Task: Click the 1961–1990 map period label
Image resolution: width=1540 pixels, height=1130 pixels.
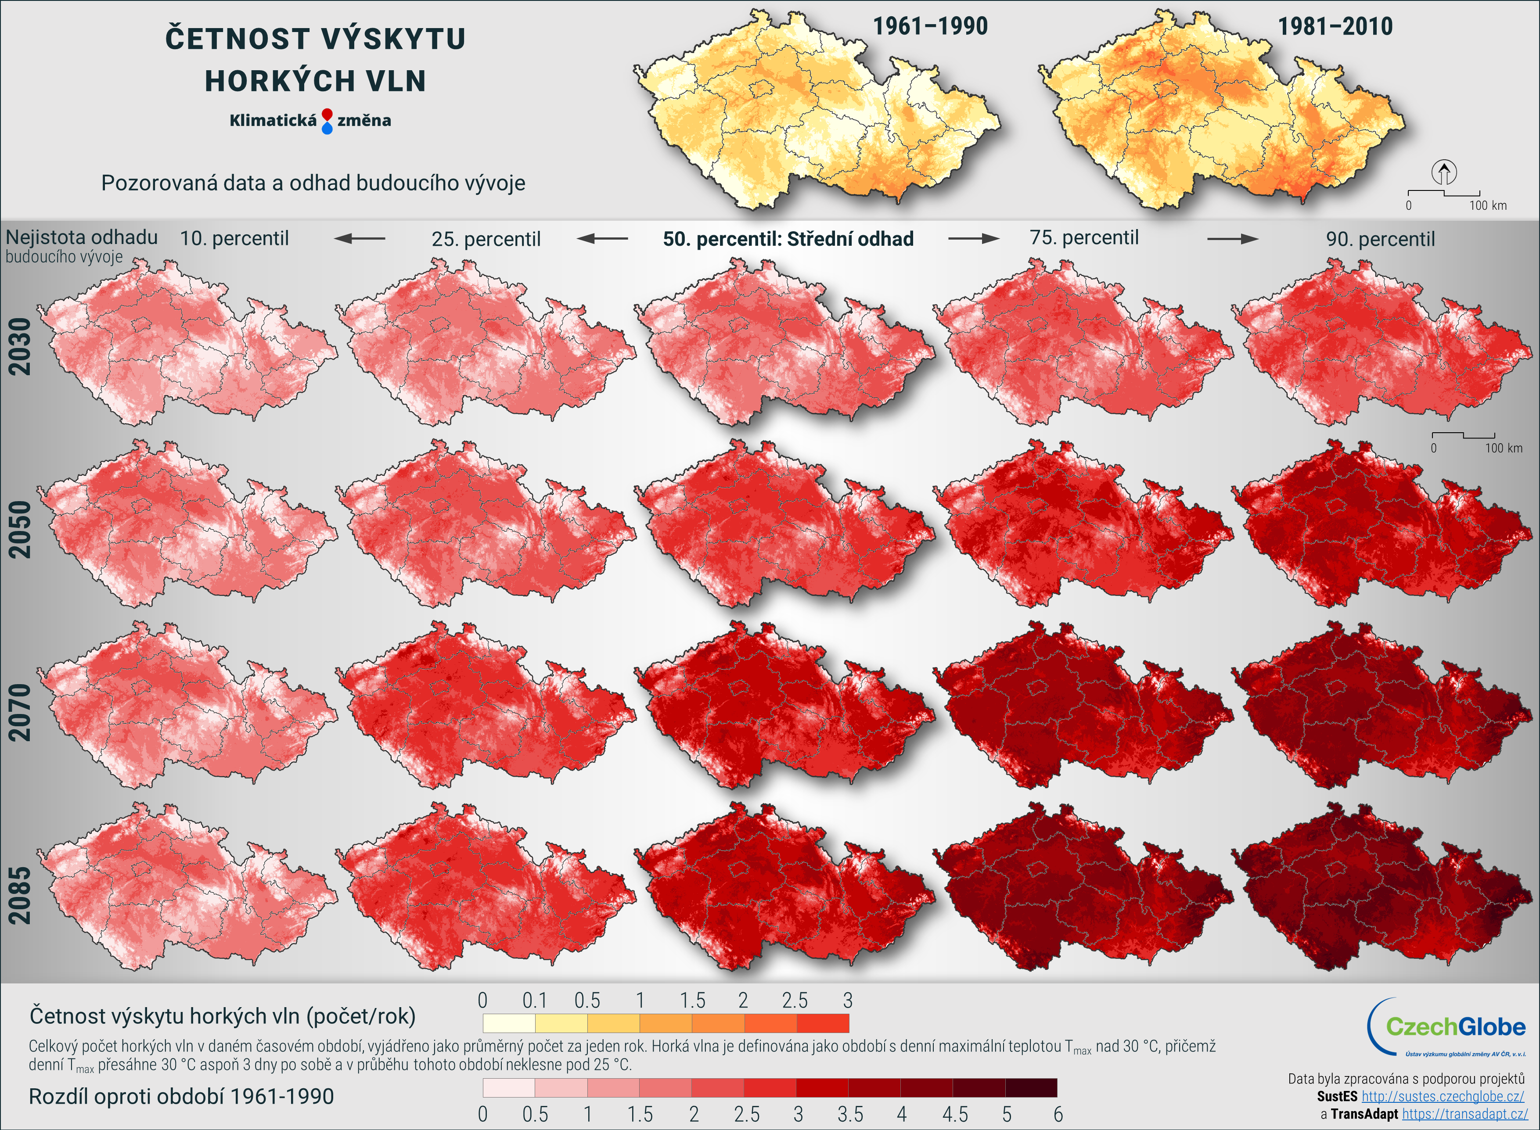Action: tap(930, 26)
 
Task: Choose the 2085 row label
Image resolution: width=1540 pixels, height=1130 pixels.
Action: tap(20, 895)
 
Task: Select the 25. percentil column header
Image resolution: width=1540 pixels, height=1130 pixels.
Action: tap(486, 239)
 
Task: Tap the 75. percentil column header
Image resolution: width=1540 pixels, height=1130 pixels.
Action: tap(1084, 237)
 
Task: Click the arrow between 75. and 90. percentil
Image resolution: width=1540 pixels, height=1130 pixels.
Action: tap(1232, 239)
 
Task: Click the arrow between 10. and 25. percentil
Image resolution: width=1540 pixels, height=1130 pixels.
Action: tap(360, 239)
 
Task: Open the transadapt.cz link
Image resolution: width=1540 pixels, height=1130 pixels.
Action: tap(1464, 1114)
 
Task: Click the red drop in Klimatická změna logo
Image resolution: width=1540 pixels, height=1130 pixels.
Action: tap(327, 114)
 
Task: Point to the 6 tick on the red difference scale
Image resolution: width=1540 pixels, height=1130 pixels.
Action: tap(1058, 1114)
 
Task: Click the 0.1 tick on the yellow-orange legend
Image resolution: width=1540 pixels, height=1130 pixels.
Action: tap(534, 1001)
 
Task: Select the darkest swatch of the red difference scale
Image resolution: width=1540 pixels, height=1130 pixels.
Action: tap(1031, 1087)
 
